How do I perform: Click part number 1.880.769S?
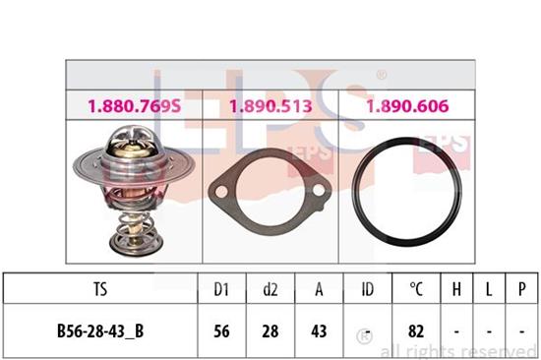coord(134,106)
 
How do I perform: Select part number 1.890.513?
coord(270,106)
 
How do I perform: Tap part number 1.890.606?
coord(407,106)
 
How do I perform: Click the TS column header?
coord(100,289)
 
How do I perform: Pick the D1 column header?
coord(221,289)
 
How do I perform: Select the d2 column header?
coord(270,289)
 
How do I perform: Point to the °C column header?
coord(416,289)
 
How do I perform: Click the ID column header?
coord(368,289)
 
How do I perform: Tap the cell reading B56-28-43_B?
coord(100,331)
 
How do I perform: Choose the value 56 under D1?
coord(221,331)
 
